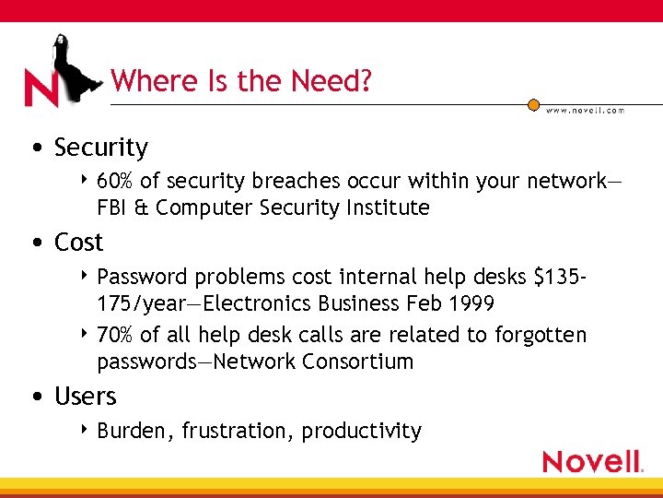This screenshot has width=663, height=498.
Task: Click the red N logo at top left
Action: pos(42,89)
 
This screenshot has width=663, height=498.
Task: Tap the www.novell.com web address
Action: pos(585,110)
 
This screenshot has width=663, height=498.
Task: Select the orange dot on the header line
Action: pos(533,104)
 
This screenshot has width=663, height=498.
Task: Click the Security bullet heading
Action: pos(100,148)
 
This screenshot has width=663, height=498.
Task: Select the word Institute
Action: pos(390,207)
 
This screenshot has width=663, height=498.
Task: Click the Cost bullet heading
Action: pos(78,243)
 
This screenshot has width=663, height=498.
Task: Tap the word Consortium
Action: pos(360,362)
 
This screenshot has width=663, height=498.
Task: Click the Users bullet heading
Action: pos(85,397)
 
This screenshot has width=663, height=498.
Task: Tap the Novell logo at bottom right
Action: pos(592,461)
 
